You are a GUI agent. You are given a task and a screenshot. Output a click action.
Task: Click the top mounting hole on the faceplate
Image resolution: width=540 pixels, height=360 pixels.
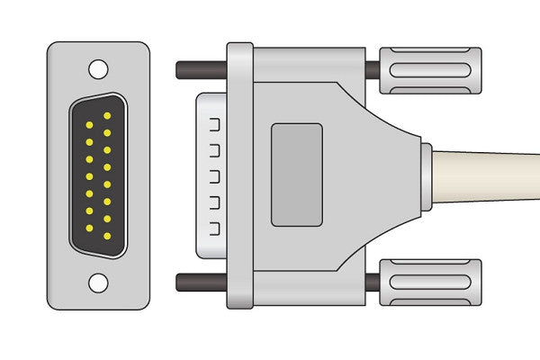(x=97, y=67)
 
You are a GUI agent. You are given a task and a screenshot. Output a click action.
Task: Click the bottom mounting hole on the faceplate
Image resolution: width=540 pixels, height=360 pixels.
(x=97, y=284)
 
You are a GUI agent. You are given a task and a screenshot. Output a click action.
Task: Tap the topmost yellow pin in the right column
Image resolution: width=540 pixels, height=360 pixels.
(x=107, y=116)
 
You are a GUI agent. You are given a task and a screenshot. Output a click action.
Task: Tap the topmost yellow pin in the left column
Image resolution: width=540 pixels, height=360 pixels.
(x=91, y=124)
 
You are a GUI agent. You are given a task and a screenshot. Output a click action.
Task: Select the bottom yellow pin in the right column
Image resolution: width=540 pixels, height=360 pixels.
(x=107, y=236)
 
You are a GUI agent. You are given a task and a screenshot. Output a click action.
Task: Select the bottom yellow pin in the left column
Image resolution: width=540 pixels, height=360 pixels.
(x=91, y=227)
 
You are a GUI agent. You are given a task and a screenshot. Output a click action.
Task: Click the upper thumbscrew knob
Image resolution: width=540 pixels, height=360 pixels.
(x=430, y=70)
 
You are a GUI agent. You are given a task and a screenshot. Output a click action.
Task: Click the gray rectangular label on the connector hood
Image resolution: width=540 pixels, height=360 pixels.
(x=296, y=175)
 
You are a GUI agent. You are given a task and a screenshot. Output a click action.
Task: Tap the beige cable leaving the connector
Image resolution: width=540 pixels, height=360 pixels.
(x=490, y=177)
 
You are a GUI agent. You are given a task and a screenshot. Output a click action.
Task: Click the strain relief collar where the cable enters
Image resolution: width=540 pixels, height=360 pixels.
(x=424, y=176)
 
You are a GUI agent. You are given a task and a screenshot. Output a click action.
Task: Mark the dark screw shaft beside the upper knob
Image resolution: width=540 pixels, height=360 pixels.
(x=372, y=70)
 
